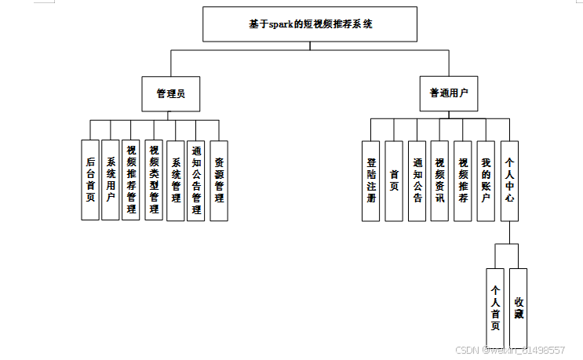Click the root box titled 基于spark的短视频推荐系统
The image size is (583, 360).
tap(310, 24)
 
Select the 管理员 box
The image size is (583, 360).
tap(169, 93)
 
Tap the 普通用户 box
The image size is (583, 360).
tap(448, 93)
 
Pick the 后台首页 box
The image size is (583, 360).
tap(90, 180)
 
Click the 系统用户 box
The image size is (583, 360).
tap(111, 180)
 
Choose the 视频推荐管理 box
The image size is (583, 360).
tap(132, 180)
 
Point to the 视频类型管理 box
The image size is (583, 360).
tap(154, 180)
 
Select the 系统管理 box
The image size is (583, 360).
tap(176, 180)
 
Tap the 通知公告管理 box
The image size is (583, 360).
tap(196, 180)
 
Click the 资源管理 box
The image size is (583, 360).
tap(219, 180)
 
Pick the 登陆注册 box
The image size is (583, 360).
tap(371, 181)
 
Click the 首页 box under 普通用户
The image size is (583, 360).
tap(394, 181)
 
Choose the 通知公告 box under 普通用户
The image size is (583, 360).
tap(417, 181)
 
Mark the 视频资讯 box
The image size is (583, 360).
tap(439, 181)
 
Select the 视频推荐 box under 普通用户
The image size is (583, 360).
tap(463, 181)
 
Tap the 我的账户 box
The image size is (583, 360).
tap(486, 181)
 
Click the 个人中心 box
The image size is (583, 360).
tap(509, 181)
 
